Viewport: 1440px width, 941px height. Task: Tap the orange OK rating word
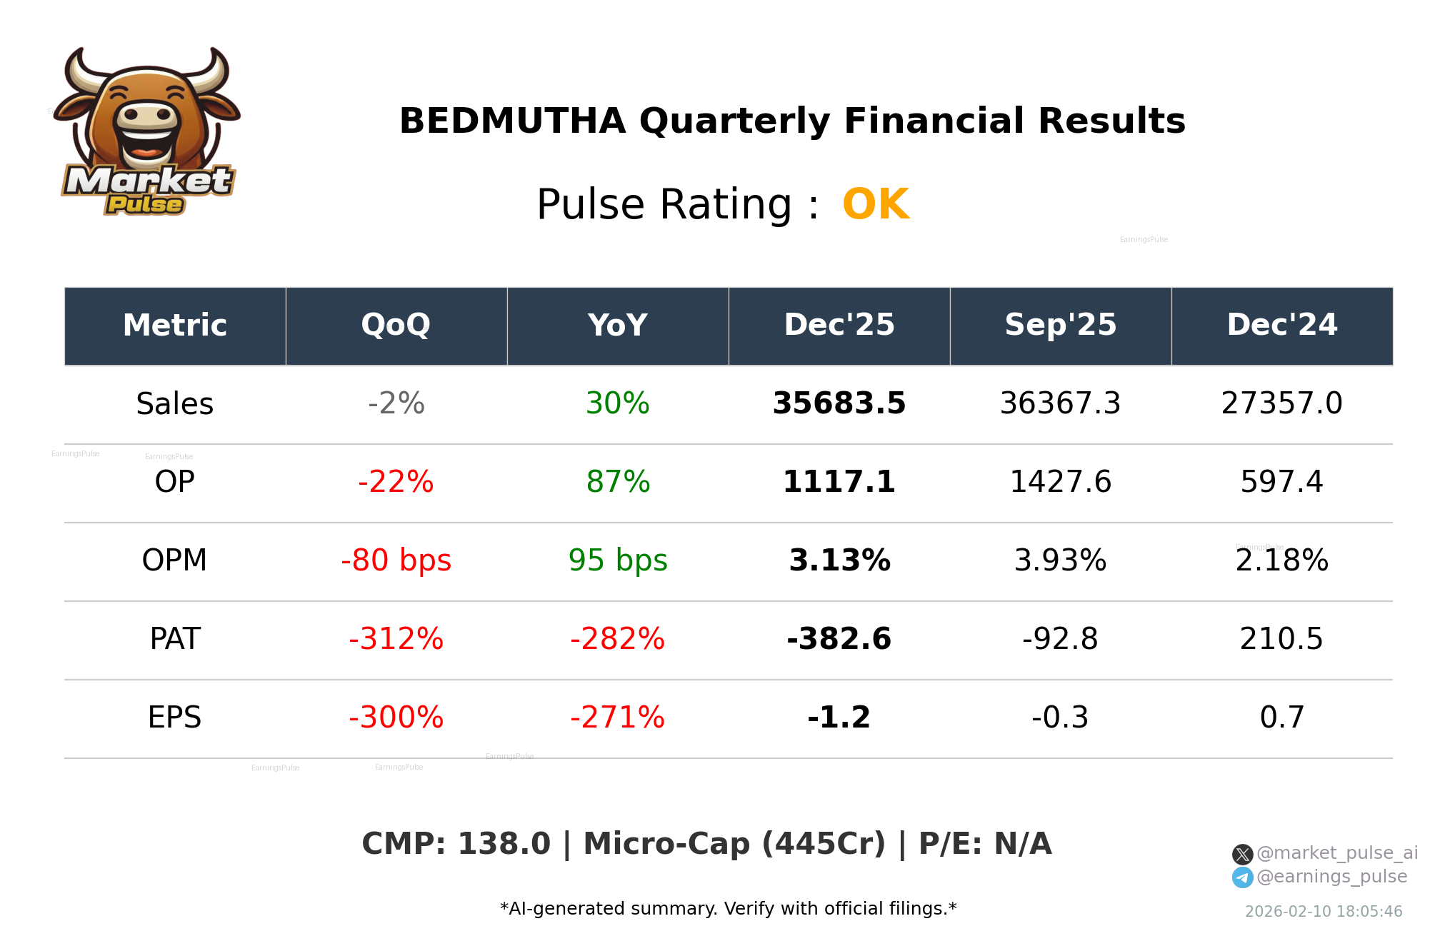tap(875, 205)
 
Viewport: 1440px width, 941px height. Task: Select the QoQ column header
tap(396, 326)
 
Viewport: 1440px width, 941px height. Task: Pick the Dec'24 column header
tap(1281, 326)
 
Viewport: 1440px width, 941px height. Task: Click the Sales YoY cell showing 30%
tap(617, 404)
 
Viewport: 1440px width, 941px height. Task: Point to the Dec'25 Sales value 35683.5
tap(839, 404)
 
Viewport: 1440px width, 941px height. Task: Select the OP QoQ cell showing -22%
tap(396, 483)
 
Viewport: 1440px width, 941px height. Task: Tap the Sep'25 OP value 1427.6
tap(1060, 483)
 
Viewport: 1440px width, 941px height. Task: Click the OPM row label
tap(174, 561)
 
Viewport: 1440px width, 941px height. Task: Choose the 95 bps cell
tap(617, 561)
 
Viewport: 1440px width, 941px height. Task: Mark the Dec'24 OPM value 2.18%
tap(1281, 561)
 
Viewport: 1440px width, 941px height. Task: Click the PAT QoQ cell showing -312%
tap(396, 640)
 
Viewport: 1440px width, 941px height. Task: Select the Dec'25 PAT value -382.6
tap(839, 640)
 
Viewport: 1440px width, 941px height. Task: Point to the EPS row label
tap(174, 718)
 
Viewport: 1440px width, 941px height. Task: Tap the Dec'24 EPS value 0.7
tap(1281, 718)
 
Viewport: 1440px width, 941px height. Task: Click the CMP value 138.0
tap(504, 845)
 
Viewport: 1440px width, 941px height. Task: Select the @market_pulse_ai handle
tap(1336, 853)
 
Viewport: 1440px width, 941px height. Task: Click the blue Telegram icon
tap(1242, 877)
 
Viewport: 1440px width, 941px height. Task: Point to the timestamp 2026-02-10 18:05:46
tap(1323, 912)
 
